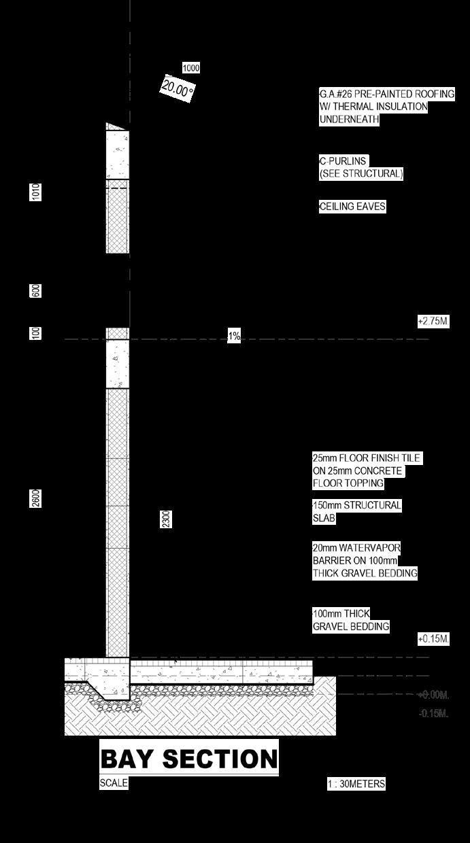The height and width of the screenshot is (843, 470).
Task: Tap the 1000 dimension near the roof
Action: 191,68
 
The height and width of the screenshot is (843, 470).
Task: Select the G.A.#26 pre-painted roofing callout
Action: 386,107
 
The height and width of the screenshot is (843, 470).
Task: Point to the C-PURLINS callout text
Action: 361,167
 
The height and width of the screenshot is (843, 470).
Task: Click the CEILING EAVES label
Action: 352,207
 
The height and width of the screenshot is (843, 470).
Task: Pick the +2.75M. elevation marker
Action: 433,321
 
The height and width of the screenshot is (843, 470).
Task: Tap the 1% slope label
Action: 234,336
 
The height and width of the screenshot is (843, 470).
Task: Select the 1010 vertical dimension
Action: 36,192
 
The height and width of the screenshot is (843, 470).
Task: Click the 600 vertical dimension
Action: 36,290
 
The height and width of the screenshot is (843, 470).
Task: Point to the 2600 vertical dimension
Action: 36,498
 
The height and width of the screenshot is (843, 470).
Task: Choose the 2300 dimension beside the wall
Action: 166,519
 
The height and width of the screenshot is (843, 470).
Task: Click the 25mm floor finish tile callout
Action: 366,471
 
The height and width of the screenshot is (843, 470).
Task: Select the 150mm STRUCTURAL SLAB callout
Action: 356,512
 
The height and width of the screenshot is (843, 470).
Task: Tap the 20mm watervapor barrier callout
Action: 364,560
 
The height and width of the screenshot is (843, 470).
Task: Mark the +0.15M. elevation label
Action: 433,639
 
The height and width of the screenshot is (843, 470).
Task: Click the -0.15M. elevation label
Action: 433,713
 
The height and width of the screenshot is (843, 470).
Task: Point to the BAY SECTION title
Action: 189,759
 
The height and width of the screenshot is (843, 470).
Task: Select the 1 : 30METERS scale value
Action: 356,784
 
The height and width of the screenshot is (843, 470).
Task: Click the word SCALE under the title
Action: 114,782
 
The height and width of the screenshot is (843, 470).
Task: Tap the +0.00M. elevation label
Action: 433,695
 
